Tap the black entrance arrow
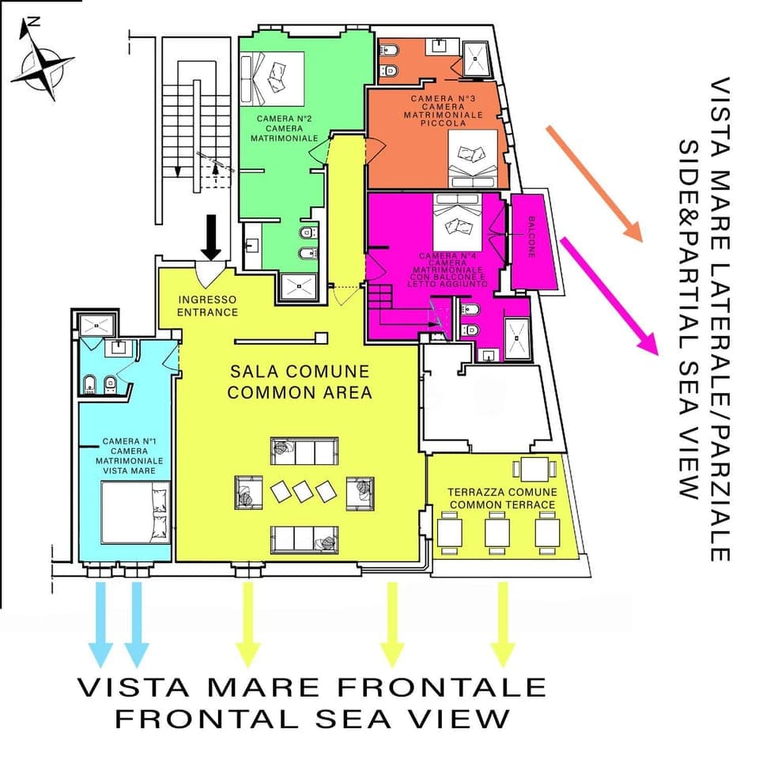click(210, 235)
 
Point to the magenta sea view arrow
click(609, 293)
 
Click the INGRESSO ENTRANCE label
click(208, 306)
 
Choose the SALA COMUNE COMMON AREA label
click(300, 381)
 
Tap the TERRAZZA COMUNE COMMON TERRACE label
click(502, 497)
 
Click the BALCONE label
click(532, 236)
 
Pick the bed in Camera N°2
click(274, 76)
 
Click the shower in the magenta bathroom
click(516, 331)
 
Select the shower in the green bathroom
click(298, 287)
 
